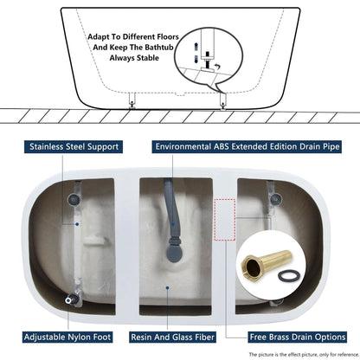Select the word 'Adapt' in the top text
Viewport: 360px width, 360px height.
click(x=102, y=37)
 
